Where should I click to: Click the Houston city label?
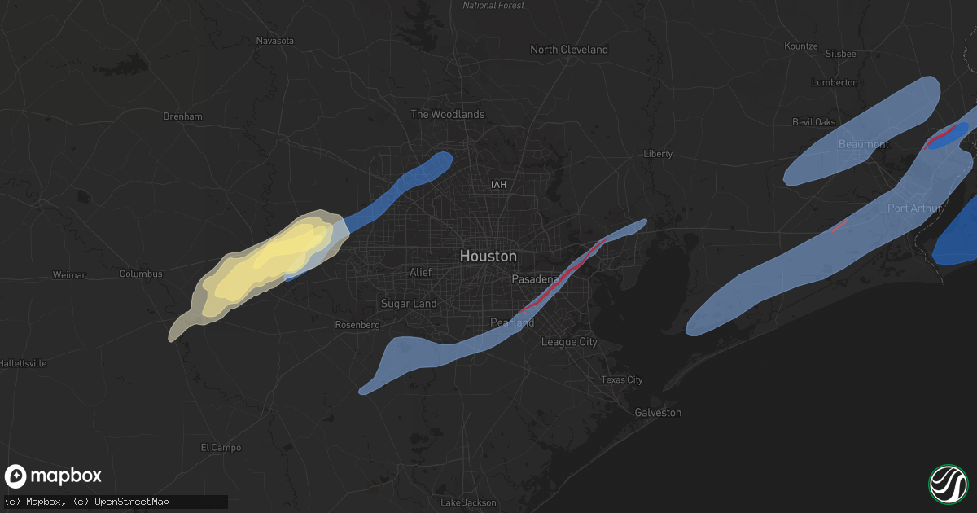[x=488, y=256]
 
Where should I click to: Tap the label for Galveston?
[x=658, y=413]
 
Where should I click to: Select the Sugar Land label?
[x=409, y=304]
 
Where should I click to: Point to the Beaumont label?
[x=864, y=144]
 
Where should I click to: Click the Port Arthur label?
[x=914, y=208]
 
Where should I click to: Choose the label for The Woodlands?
[x=447, y=115]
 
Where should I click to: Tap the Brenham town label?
[x=182, y=116]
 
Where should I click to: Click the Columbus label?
[x=141, y=274]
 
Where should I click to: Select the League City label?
[x=569, y=342]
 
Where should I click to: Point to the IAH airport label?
[x=498, y=185]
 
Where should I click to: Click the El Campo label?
[x=221, y=447]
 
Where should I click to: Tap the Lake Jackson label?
[x=468, y=502]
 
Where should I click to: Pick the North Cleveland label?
[x=569, y=50]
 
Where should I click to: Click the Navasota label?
[x=274, y=41]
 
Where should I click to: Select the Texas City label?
[x=621, y=380]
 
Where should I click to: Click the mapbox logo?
[x=54, y=476]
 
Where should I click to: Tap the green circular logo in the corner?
[x=948, y=484]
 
